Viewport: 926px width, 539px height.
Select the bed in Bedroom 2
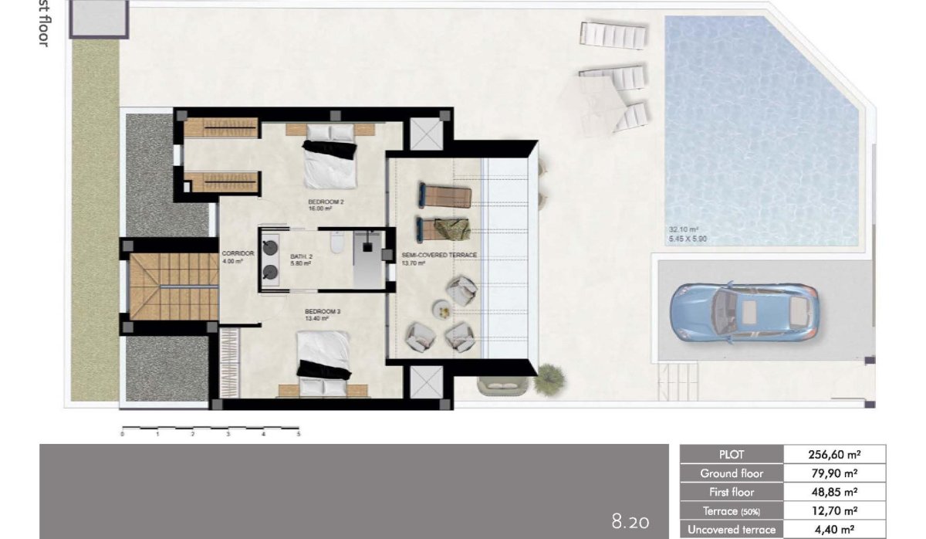[x=330, y=161]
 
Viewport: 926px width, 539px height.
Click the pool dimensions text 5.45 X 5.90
[x=688, y=239]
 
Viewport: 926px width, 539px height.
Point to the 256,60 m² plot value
[x=834, y=455]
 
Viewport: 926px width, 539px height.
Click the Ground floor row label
[x=731, y=473]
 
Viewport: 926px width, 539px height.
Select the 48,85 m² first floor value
[x=834, y=492]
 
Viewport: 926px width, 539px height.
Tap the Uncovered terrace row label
[x=731, y=529]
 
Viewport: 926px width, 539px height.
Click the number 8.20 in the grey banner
[x=630, y=522]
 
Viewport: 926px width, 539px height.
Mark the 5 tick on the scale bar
[x=298, y=434]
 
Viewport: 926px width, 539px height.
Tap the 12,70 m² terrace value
[x=834, y=510]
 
